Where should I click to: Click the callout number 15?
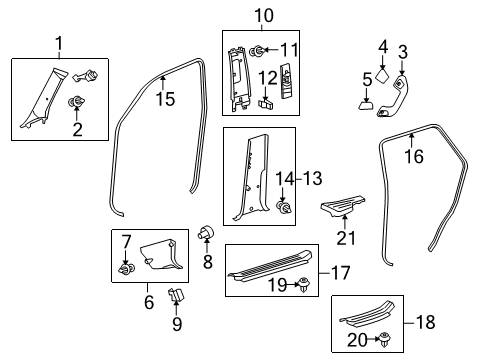click(x=165, y=99)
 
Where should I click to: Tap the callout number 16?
click(x=414, y=156)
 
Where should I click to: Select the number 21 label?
click(x=346, y=238)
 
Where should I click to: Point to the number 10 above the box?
click(x=264, y=15)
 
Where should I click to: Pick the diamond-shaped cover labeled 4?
click(x=382, y=76)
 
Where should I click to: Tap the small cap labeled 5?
click(x=366, y=106)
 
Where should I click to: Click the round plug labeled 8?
click(x=206, y=232)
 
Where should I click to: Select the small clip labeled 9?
click(x=176, y=295)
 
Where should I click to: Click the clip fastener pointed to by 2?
click(x=77, y=101)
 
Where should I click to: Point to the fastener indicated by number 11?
click(x=258, y=51)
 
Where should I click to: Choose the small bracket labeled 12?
click(x=266, y=103)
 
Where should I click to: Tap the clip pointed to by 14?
click(x=284, y=207)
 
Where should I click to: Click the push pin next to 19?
click(x=304, y=285)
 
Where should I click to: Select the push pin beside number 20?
click(x=385, y=340)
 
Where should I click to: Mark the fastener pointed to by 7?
click(x=127, y=269)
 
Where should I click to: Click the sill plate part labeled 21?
click(x=343, y=206)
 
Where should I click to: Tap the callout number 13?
click(x=312, y=179)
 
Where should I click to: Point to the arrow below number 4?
click(x=382, y=63)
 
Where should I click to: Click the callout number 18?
click(x=426, y=322)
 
